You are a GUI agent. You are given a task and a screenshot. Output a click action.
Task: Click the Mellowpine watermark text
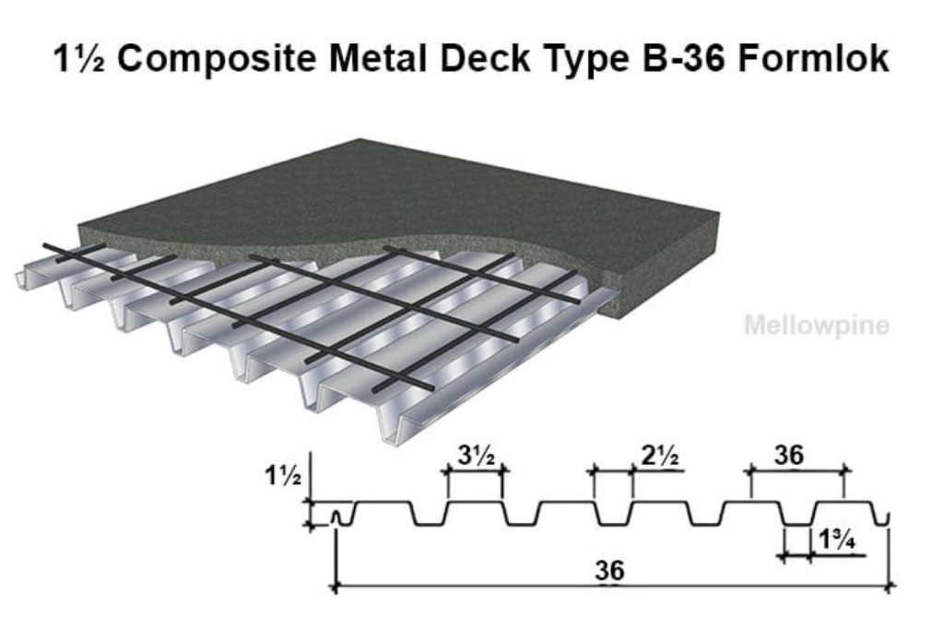click(x=816, y=326)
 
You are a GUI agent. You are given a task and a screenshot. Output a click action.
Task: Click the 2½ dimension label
click(x=661, y=455)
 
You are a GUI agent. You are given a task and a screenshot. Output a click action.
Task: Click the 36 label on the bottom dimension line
click(x=610, y=571)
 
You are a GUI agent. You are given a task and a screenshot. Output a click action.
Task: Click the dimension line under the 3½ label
click(x=476, y=470)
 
